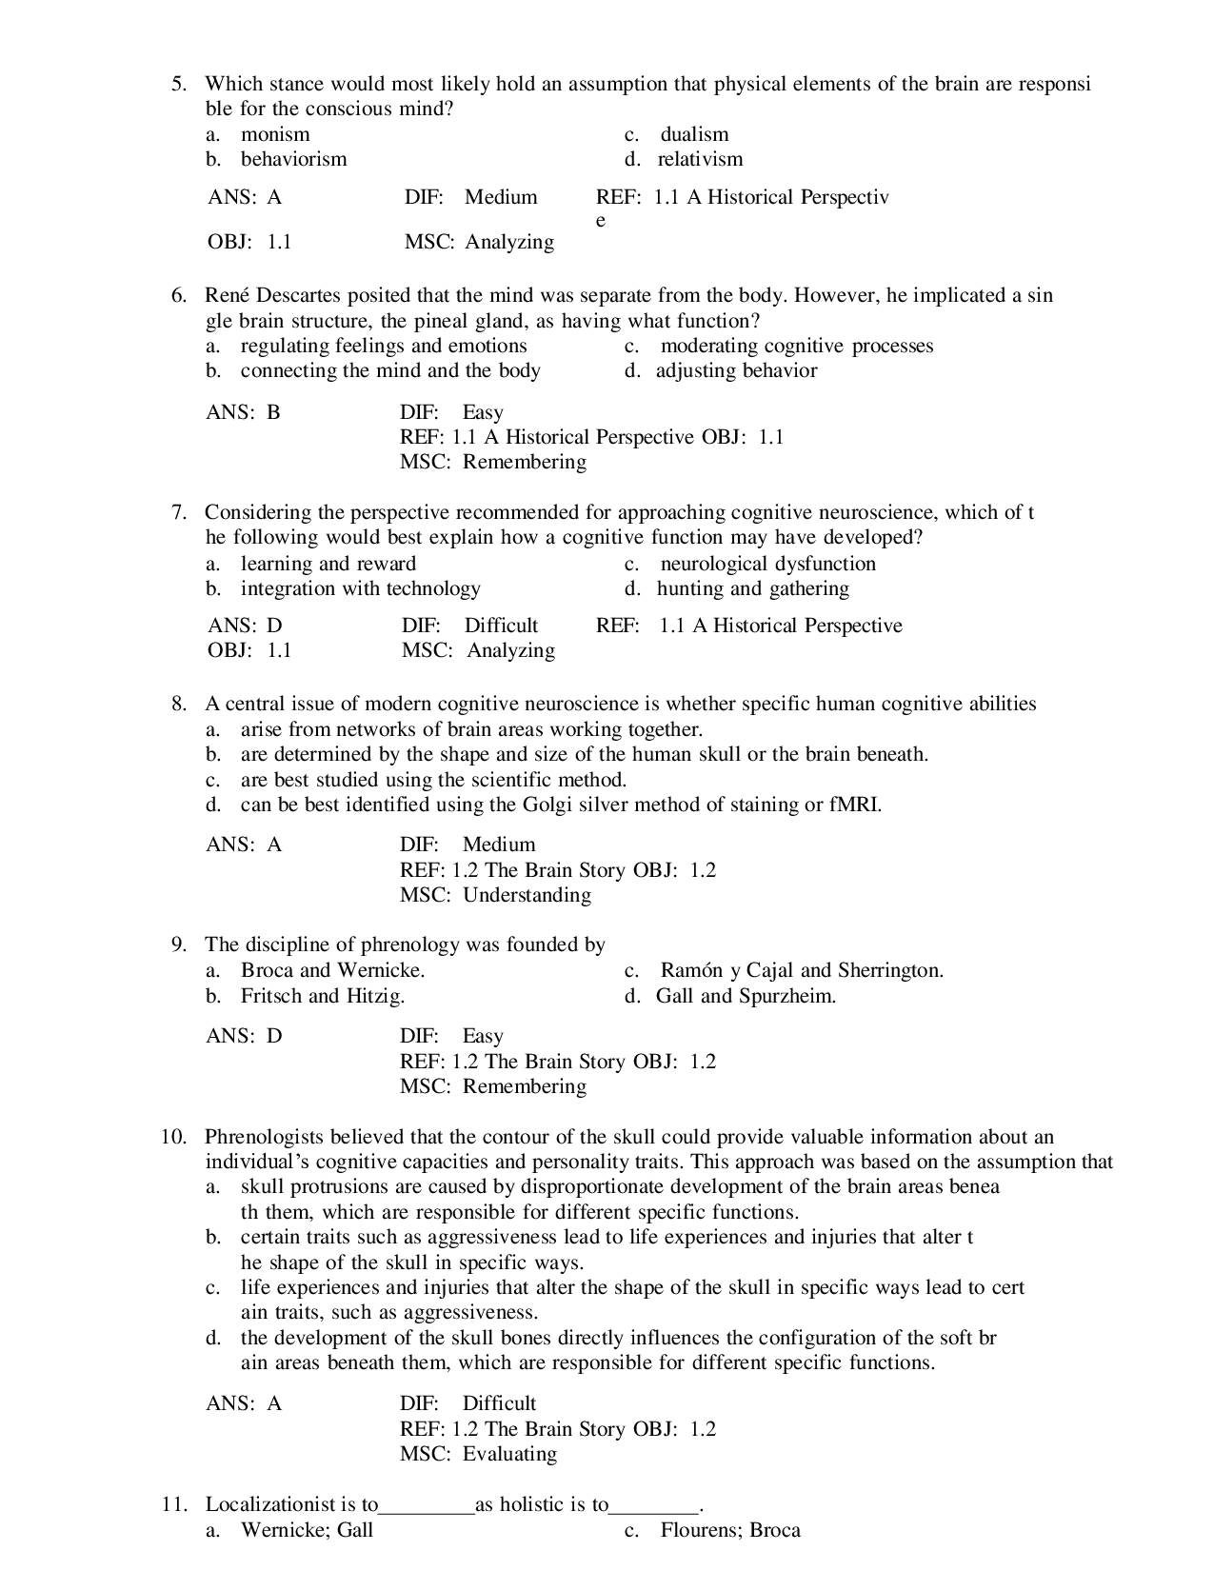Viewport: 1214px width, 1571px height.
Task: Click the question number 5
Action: [x=178, y=84]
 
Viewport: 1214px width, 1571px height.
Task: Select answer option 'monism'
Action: [x=274, y=134]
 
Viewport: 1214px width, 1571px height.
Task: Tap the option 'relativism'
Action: [x=700, y=159]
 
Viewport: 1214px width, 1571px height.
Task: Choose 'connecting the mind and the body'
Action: [x=390, y=370]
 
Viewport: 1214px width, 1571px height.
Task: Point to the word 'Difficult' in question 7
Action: [x=501, y=626]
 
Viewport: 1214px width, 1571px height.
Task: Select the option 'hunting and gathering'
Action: [x=752, y=588]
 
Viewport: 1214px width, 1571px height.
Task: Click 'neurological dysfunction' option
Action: [x=767, y=564]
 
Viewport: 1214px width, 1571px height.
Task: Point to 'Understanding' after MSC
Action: [x=527, y=895]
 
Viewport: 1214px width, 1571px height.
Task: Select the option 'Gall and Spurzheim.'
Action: [x=746, y=996]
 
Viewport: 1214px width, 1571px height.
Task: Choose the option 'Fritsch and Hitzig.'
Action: [x=323, y=996]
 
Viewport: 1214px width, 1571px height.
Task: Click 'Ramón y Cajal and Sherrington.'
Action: [x=802, y=970]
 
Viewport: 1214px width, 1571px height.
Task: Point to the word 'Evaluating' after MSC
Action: [x=509, y=1454]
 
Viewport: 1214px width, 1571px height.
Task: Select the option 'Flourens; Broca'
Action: [x=730, y=1530]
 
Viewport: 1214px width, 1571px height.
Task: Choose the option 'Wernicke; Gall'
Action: [x=307, y=1530]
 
